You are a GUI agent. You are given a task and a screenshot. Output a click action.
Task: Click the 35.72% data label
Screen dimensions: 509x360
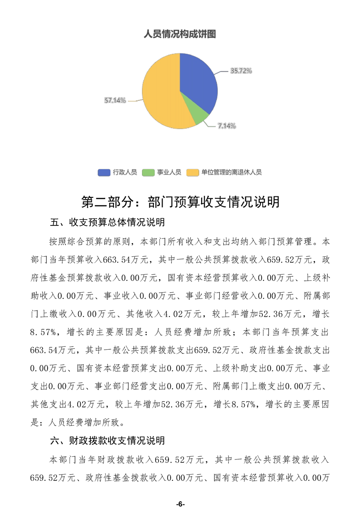tap(241, 71)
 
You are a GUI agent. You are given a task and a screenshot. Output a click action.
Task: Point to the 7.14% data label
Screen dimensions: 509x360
tap(226, 126)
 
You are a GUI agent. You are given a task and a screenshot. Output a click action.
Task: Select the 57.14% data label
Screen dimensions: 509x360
tap(115, 100)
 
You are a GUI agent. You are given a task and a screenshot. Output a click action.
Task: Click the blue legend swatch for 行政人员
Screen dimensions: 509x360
tap(104, 172)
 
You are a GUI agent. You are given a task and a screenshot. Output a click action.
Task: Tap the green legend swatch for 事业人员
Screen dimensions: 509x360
tap(148, 172)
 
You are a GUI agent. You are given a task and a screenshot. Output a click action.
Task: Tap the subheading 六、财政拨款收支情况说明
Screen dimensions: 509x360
tap(107, 440)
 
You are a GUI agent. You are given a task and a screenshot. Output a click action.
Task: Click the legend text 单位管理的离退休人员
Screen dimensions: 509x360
tap(232, 172)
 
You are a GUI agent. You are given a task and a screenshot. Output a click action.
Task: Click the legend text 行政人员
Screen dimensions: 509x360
tap(125, 172)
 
